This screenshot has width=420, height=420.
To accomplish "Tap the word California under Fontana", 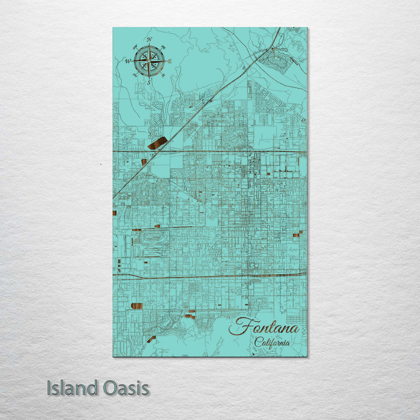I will point(272,342).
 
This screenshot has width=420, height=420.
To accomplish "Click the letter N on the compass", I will point(149,40).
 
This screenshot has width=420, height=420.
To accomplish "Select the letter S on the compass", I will point(148,82).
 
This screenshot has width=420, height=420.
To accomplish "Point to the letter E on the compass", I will point(170,61).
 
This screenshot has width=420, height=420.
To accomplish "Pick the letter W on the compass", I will point(127,61).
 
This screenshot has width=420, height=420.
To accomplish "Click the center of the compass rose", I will point(149,61).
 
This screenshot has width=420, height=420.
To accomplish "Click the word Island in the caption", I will point(71,388).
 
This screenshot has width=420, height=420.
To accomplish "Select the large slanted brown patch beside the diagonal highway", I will point(157,143).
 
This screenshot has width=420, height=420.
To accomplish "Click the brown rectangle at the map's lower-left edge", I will point(136,306).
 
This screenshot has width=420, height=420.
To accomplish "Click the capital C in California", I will point(258,342).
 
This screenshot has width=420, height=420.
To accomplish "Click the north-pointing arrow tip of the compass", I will point(149,45).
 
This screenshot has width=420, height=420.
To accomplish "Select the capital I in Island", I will point(49,388).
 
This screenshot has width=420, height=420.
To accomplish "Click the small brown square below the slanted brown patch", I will point(143,162).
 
